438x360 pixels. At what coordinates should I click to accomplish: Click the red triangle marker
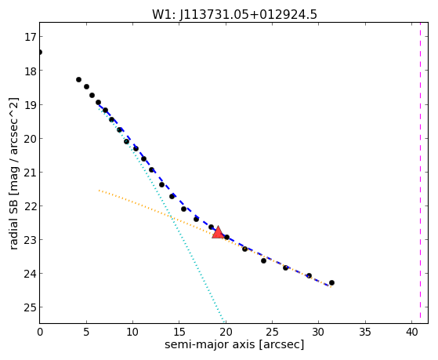pos(218,232)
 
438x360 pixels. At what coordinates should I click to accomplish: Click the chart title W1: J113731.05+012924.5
pos(234,15)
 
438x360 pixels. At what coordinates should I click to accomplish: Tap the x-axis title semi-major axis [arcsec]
pos(234,344)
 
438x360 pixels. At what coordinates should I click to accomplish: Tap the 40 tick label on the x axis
pos(411,332)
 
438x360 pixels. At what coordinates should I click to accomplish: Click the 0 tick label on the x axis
pos(40,332)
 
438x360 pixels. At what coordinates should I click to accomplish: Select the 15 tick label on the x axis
pos(179,332)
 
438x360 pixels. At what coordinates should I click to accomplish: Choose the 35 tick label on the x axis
pos(365,332)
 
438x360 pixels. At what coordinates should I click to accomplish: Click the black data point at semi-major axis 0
pos(40,52)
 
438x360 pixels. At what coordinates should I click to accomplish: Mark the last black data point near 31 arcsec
pos(331,283)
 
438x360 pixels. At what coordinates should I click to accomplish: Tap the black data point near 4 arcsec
pos(79,80)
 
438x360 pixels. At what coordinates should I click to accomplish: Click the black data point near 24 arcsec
pos(263,260)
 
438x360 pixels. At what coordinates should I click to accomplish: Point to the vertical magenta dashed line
pos(420,173)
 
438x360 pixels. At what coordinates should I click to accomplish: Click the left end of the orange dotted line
pos(100,191)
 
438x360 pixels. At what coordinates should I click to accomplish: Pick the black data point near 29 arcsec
pos(309,276)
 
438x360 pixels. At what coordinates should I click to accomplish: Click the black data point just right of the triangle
pos(226,237)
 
